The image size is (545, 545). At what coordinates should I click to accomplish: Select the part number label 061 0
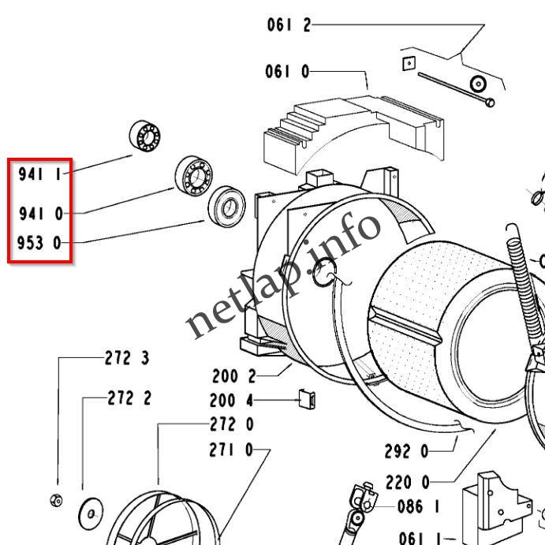pos(287,73)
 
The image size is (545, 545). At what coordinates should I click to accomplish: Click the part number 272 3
pos(127,358)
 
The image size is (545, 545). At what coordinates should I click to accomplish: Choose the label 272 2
pos(129,398)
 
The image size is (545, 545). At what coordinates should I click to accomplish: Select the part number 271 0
pos(231,450)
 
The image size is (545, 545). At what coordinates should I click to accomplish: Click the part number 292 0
pos(406,452)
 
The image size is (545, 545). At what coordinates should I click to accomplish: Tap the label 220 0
pos(408,481)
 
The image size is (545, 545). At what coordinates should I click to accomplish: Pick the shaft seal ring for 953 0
pos(227,207)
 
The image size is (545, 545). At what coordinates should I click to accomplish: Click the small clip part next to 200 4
pos(307,399)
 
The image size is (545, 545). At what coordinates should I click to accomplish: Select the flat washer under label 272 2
pos(91,515)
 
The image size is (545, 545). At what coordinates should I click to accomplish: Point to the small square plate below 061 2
pos(408,64)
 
